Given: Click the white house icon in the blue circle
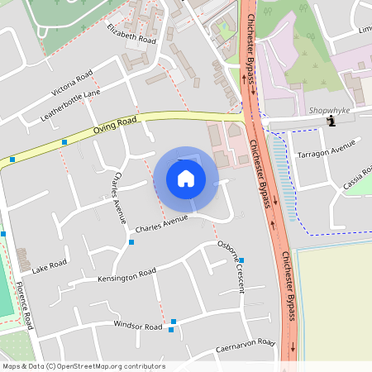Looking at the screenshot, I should pyautogui.click(x=186, y=179).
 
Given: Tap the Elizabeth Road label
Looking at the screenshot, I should pyautogui.click(x=131, y=33).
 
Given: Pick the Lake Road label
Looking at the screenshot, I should pyautogui.click(x=49, y=266).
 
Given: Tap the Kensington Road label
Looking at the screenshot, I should pyautogui.click(x=126, y=274).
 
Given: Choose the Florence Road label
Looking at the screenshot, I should pyautogui.click(x=24, y=304).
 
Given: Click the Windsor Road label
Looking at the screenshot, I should pyautogui.click(x=138, y=327).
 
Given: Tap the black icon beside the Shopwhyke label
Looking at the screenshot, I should pyautogui.click(x=331, y=122).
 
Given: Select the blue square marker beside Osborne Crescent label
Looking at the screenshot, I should pyautogui.click(x=241, y=260).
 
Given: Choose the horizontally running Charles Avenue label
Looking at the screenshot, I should pyautogui.click(x=161, y=222).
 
